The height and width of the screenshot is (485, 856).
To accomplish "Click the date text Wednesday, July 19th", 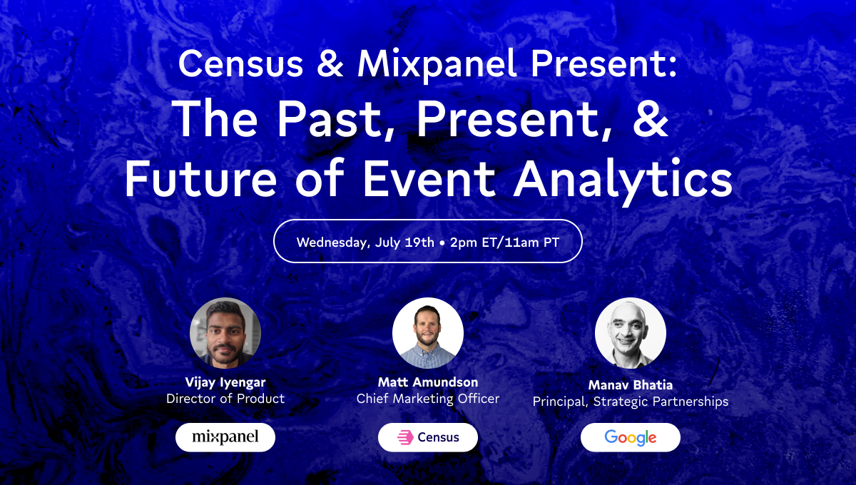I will (365, 242).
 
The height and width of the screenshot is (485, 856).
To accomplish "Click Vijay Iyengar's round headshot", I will (225, 333).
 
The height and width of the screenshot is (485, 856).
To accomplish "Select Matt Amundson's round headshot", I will (428, 333).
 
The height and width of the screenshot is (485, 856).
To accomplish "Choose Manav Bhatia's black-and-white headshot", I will (631, 333).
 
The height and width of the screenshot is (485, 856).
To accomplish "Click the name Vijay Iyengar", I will (225, 382).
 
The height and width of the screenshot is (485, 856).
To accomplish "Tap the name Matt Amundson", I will (428, 382).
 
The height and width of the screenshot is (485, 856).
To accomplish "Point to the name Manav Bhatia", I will (631, 385).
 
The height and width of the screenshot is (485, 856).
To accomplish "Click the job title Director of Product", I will (225, 399).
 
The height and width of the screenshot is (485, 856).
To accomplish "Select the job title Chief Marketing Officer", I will (428, 399).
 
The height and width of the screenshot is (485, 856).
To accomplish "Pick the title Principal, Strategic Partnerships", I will (631, 402).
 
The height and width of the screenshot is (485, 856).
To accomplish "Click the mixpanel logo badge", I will (225, 437).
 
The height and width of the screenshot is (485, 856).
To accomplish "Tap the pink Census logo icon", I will (405, 437).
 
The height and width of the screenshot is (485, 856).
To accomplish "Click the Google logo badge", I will (631, 437).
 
